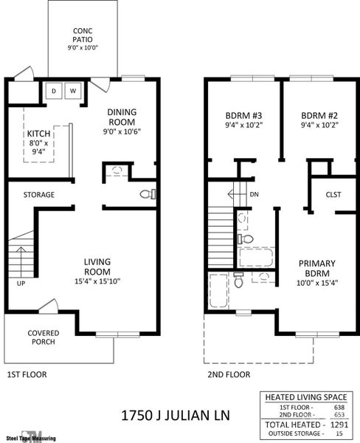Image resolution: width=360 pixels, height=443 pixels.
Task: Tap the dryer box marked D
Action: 54,91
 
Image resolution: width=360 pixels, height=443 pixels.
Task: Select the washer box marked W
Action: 73,91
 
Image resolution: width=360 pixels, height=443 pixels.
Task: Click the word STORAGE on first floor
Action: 38,195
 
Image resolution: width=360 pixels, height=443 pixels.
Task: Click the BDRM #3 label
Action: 243,120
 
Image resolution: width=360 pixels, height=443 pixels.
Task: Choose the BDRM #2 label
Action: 319,120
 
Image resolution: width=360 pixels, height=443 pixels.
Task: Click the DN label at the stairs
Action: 253,195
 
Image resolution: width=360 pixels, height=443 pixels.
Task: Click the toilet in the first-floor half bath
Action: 148,195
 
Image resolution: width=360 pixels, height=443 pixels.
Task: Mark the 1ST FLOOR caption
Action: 27,374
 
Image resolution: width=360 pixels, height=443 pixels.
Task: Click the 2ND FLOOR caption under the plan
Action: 229,374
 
